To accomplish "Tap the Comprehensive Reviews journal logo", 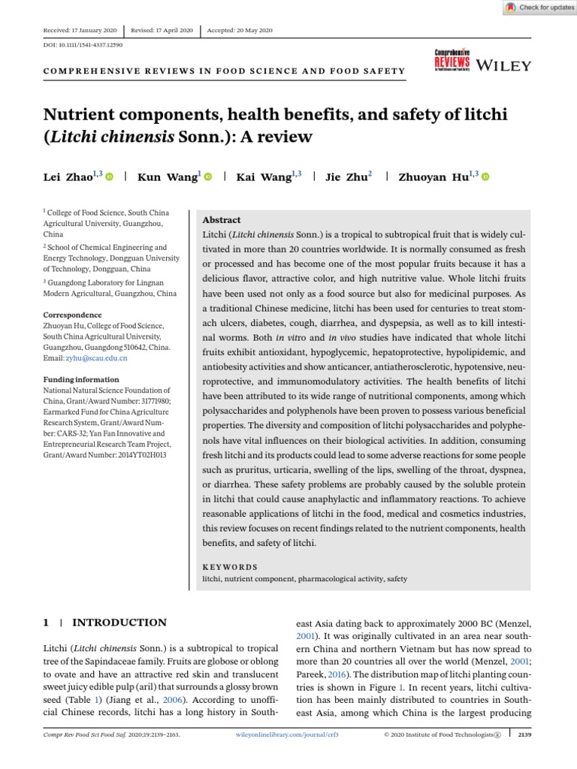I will pos(452,62).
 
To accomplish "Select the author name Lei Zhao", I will pos(68,177).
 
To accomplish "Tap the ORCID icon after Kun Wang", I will pos(208,177).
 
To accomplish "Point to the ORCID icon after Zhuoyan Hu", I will pos(485,177).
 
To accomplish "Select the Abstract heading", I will pos(222,220).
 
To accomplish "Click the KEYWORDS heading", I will pos(231,567).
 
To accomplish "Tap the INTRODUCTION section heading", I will pos(119,623).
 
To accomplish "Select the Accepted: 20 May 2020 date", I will pos(240,30).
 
